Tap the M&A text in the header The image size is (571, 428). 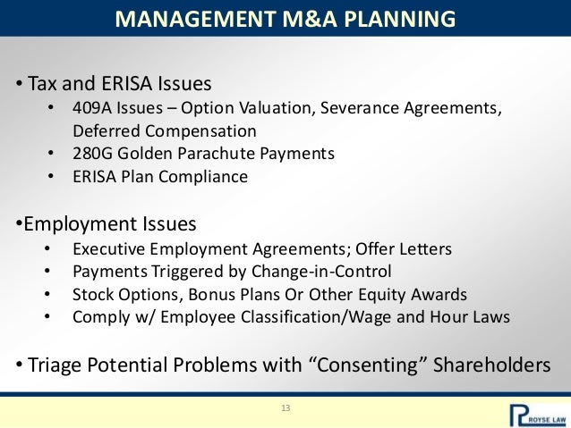290,18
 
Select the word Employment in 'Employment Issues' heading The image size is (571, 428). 72,222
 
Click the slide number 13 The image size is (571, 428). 285,408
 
